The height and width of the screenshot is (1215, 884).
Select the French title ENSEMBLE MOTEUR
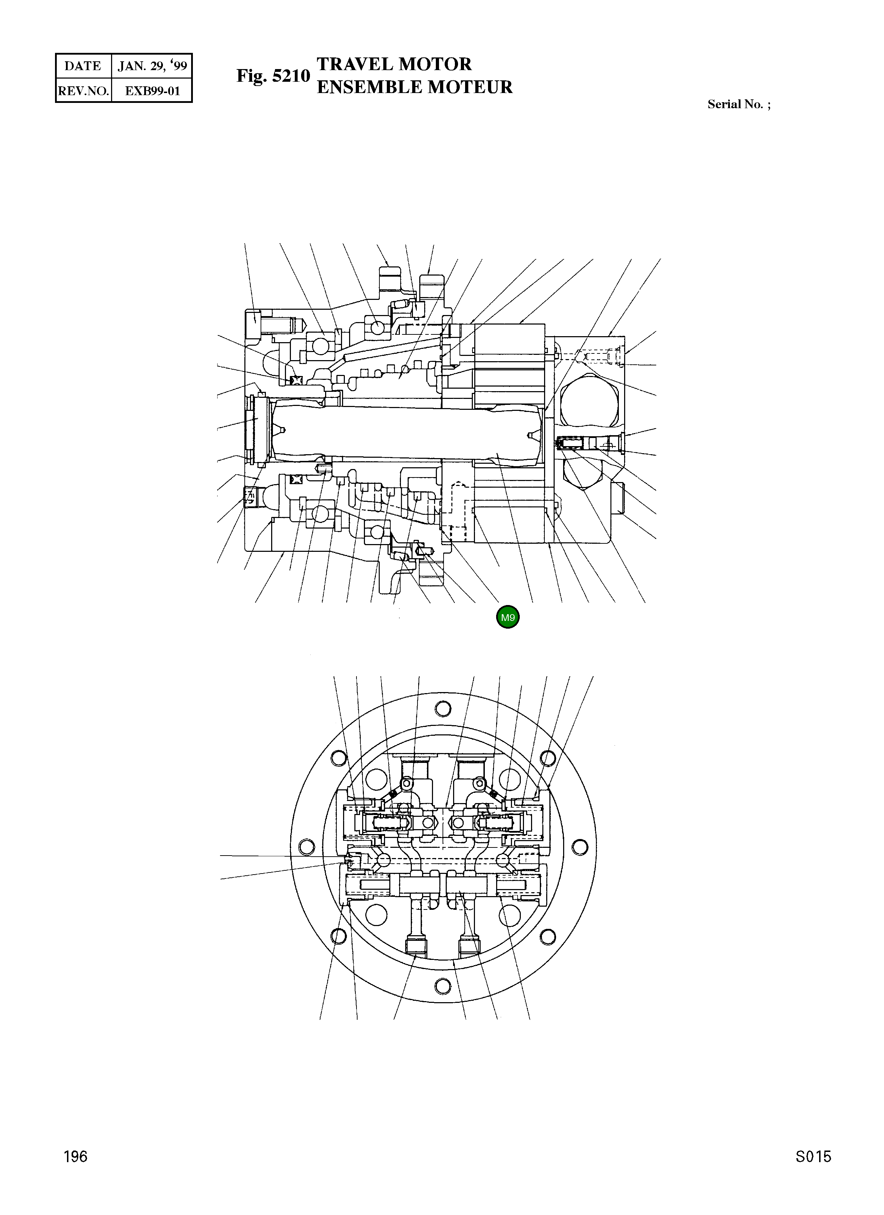414,87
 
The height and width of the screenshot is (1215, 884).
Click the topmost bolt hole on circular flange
443,709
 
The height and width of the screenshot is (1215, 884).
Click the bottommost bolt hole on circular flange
443,986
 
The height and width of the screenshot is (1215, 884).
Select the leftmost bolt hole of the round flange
307,847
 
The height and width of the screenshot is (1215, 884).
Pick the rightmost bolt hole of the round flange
579,847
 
